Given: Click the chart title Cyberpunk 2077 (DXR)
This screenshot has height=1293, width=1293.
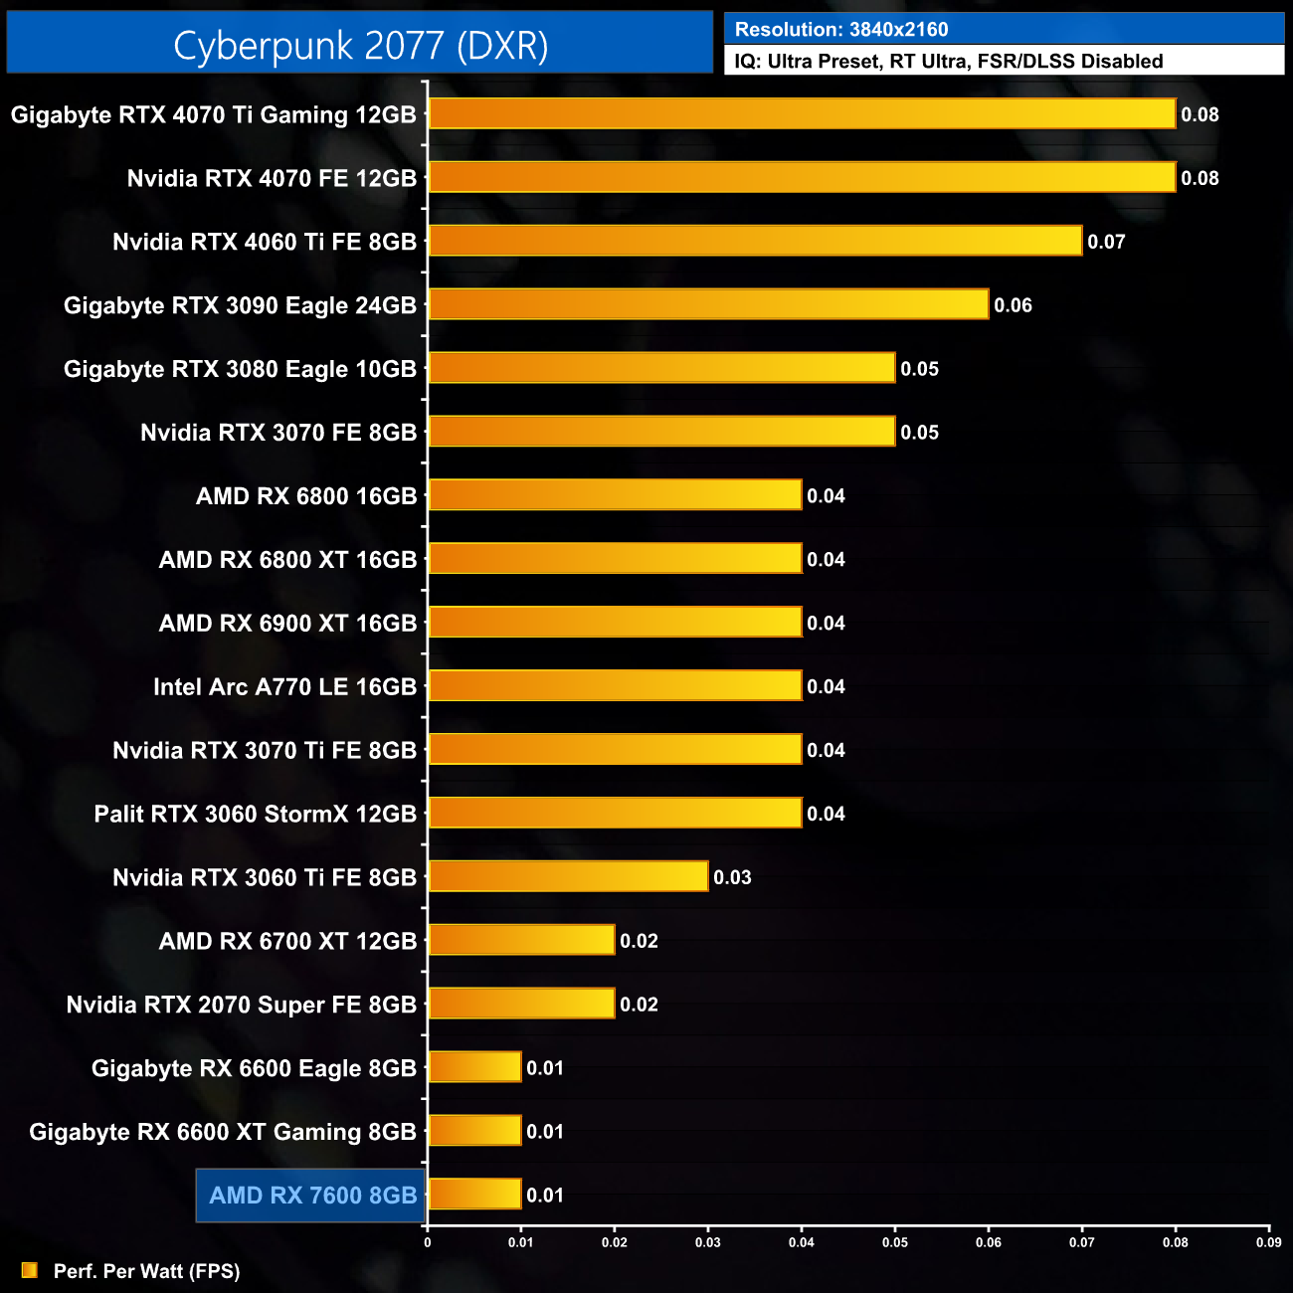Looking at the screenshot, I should tap(360, 46).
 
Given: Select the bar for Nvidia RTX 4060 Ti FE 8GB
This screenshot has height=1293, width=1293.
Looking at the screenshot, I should tap(755, 241).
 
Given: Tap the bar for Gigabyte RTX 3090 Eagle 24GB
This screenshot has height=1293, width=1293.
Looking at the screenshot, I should tap(708, 304).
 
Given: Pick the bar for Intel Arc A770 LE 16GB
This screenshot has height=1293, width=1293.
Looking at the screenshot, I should tap(615, 686).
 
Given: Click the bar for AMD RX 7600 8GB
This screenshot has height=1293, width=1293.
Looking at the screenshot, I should tap(474, 1195).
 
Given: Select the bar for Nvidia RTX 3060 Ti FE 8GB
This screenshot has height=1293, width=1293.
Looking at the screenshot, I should tap(568, 877).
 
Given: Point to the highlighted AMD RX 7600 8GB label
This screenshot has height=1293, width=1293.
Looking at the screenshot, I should tap(312, 1196).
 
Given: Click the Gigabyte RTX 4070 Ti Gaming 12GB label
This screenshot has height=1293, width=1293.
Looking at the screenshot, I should tap(213, 114).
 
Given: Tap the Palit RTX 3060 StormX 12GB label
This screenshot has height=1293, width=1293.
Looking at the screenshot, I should tap(255, 814).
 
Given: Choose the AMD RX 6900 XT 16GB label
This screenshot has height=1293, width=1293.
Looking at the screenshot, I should tap(287, 624).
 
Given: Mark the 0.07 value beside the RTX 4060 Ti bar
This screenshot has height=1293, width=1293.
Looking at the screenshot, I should tap(1106, 242).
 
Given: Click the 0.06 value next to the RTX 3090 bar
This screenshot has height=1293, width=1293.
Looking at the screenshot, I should tap(1013, 305).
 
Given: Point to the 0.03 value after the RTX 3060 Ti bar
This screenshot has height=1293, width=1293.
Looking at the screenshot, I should tap(732, 877).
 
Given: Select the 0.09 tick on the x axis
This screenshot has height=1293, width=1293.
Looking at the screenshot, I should tap(1268, 1242).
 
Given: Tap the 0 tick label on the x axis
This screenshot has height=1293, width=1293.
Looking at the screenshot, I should tap(428, 1242).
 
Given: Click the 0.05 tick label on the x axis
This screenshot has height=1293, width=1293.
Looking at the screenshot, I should tap(894, 1242).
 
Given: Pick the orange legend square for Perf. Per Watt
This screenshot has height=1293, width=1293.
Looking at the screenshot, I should tap(30, 1270).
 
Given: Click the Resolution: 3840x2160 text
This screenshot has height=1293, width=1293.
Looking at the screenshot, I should tap(841, 30).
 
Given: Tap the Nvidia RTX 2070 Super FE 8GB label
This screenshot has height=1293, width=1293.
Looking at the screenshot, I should tap(241, 1005).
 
